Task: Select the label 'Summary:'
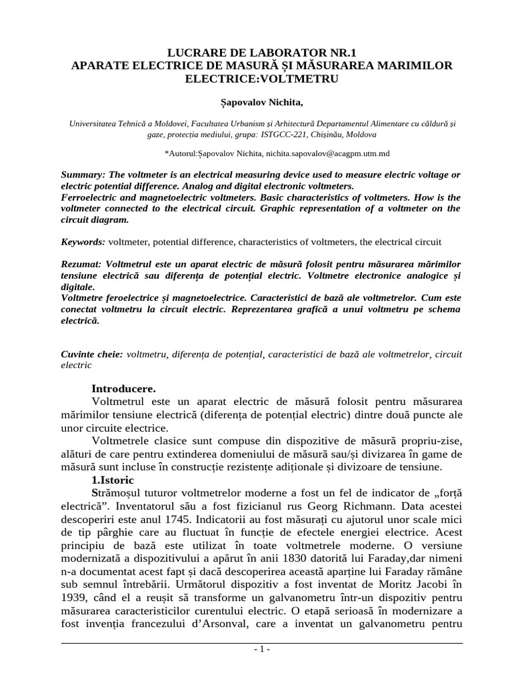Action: click(84, 174)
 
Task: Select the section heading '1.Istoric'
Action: click(113, 480)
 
